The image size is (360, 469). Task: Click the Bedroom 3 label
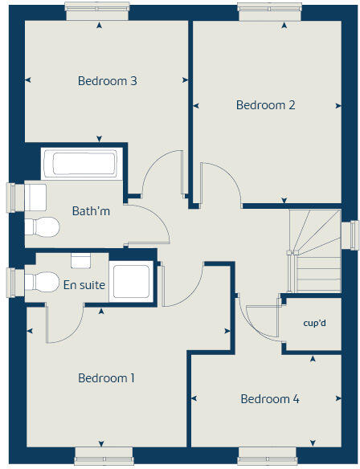point(107,81)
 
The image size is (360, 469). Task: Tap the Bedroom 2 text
point(265,105)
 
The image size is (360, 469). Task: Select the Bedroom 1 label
point(106,378)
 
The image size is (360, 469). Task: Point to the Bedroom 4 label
point(270,399)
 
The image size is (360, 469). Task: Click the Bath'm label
point(91,212)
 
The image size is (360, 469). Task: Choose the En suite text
point(84,284)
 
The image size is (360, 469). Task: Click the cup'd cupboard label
point(313,324)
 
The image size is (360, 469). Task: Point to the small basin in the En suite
point(80,260)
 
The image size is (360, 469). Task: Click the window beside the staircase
point(350,234)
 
